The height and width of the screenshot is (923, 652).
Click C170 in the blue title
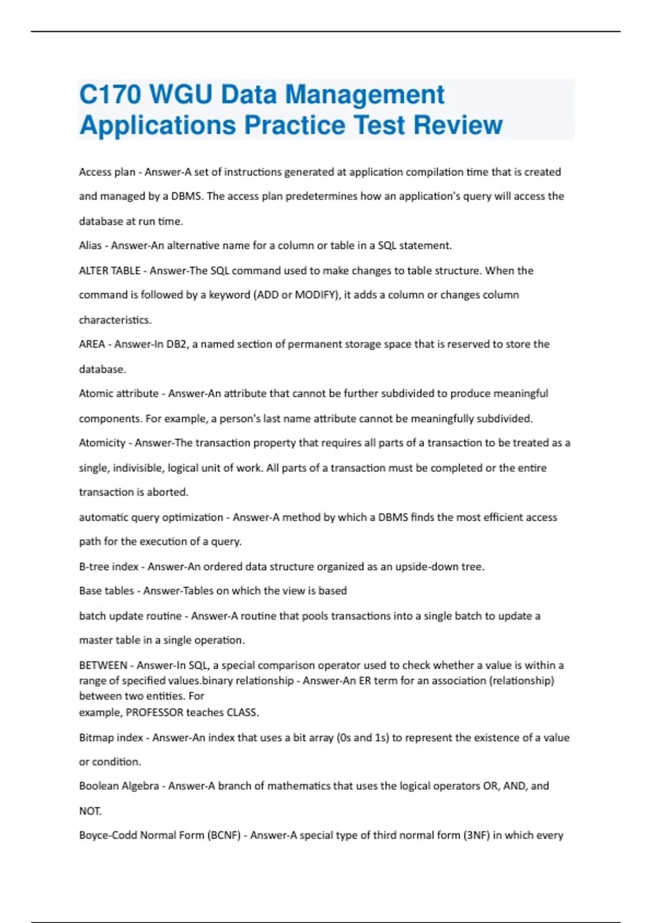coord(110,94)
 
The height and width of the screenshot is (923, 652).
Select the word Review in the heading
coord(457,125)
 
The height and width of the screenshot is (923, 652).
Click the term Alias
coord(90,245)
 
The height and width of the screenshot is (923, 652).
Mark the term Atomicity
coord(102,443)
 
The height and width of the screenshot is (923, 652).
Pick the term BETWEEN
coord(103,665)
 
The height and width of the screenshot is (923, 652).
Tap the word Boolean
coord(99,786)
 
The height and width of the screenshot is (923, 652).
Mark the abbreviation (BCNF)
coord(223,836)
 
